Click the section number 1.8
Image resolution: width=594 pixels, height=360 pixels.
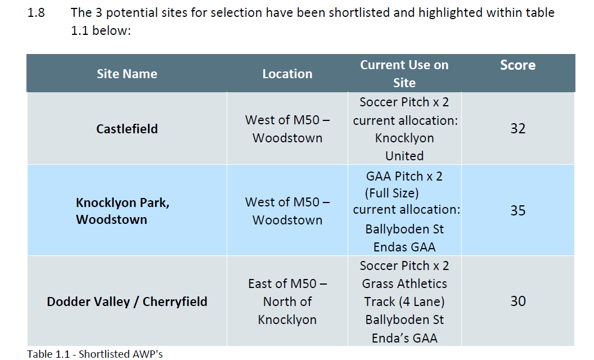[x=36, y=12]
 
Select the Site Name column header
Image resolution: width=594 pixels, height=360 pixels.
[x=127, y=74]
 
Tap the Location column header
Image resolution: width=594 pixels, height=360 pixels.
[x=287, y=74]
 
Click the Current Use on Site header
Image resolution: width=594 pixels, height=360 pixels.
[x=404, y=74]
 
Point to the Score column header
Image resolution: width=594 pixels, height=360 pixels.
[x=518, y=65]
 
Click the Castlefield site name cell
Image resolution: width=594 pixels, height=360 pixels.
[x=127, y=129]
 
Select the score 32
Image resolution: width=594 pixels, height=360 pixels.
[x=518, y=128]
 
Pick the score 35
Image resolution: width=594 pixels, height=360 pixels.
[x=518, y=210]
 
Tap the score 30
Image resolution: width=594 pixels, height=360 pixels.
[x=518, y=301]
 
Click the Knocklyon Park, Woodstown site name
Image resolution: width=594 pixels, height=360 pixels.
[x=123, y=211]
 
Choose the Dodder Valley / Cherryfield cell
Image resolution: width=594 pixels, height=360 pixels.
[x=127, y=301]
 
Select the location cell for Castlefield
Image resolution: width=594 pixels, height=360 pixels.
[x=287, y=129]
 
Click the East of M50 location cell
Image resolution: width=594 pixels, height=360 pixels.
[x=287, y=301]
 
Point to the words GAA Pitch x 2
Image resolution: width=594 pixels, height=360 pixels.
[x=404, y=176]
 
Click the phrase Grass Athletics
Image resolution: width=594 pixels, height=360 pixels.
[x=404, y=283]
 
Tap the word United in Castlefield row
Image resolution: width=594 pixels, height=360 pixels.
[x=404, y=156]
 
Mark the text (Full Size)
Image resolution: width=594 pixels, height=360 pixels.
[x=391, y=193]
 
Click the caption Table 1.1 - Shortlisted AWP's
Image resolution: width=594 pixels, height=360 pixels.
[x=94, y=354]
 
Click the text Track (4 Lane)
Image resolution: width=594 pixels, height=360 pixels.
[x=404, y=301]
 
